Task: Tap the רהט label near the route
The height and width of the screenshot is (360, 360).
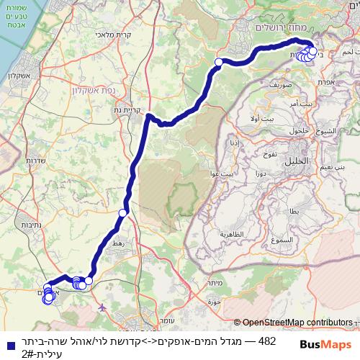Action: (117, 244)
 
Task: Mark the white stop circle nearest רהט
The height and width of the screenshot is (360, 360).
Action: (122, 213)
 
